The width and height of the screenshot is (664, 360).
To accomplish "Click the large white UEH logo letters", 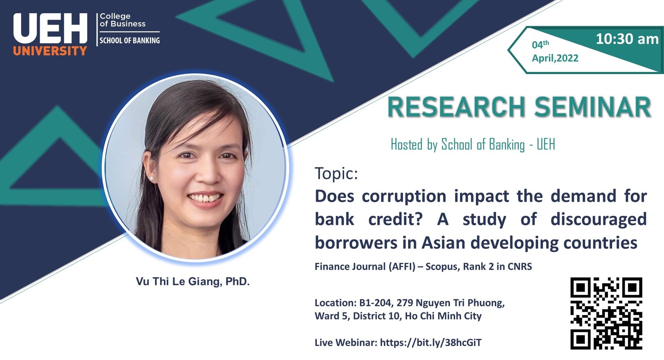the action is point(50,29).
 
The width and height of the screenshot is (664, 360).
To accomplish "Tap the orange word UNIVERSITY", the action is point(50,51).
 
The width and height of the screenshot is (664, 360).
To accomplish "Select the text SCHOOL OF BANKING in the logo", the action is point(130,40).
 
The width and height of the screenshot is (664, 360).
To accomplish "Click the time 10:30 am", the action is point(627,39).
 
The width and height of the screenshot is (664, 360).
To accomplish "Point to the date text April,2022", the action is point(555,58).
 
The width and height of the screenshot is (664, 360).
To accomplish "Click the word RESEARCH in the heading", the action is point(456,107).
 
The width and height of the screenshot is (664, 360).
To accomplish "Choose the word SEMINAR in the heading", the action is point(593,107).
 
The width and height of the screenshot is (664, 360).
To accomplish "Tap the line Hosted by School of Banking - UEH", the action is point(473,144).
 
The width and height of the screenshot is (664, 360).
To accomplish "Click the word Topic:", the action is point(336,173).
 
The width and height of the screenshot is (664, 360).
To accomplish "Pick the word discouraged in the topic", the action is point(598,219).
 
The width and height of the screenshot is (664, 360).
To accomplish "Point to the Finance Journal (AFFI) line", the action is point(423,267).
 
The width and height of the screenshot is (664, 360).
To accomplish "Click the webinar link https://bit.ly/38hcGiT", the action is point(431,343).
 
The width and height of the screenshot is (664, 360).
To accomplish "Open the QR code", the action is point(606,313).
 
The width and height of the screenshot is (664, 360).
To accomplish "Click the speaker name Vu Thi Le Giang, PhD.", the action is point(193,281).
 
